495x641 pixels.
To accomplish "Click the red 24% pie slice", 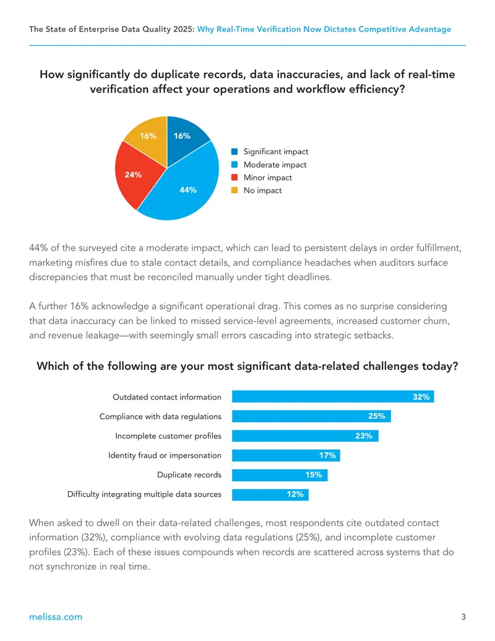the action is pyautogui.click(x=135, y=175).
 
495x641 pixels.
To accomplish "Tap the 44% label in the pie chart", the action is pyautogui.click(x=188, y=190).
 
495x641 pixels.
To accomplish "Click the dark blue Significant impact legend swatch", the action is pyautogui.click(x=235, y=152).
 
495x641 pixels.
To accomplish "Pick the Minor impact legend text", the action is pyautogui.click(x=268, y=177).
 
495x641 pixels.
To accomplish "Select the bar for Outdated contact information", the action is pyautogui.click(x=333, y=396).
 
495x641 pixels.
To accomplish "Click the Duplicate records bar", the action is pyautogui.click(x=280, y=474).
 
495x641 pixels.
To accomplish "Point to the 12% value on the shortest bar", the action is pyautogui.click(x=295, y=494).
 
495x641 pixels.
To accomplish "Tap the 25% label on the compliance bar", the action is pyautogui.click(x=377, y=416).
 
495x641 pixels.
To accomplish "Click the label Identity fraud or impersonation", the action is pyautogui.click(x=165, y=455).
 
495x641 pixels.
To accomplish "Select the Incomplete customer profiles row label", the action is pyautogui.click(x=168, y=436).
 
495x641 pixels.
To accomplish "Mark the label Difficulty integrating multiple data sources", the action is pyautogui.click(x=144, y=494).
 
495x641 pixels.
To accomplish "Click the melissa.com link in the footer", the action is pyautogui.click(x=56, y=617).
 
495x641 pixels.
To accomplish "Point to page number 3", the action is pyautogui.click(x=463, y=617).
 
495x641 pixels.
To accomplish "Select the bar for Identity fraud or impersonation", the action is pyautogui.click(x=286, y=455).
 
